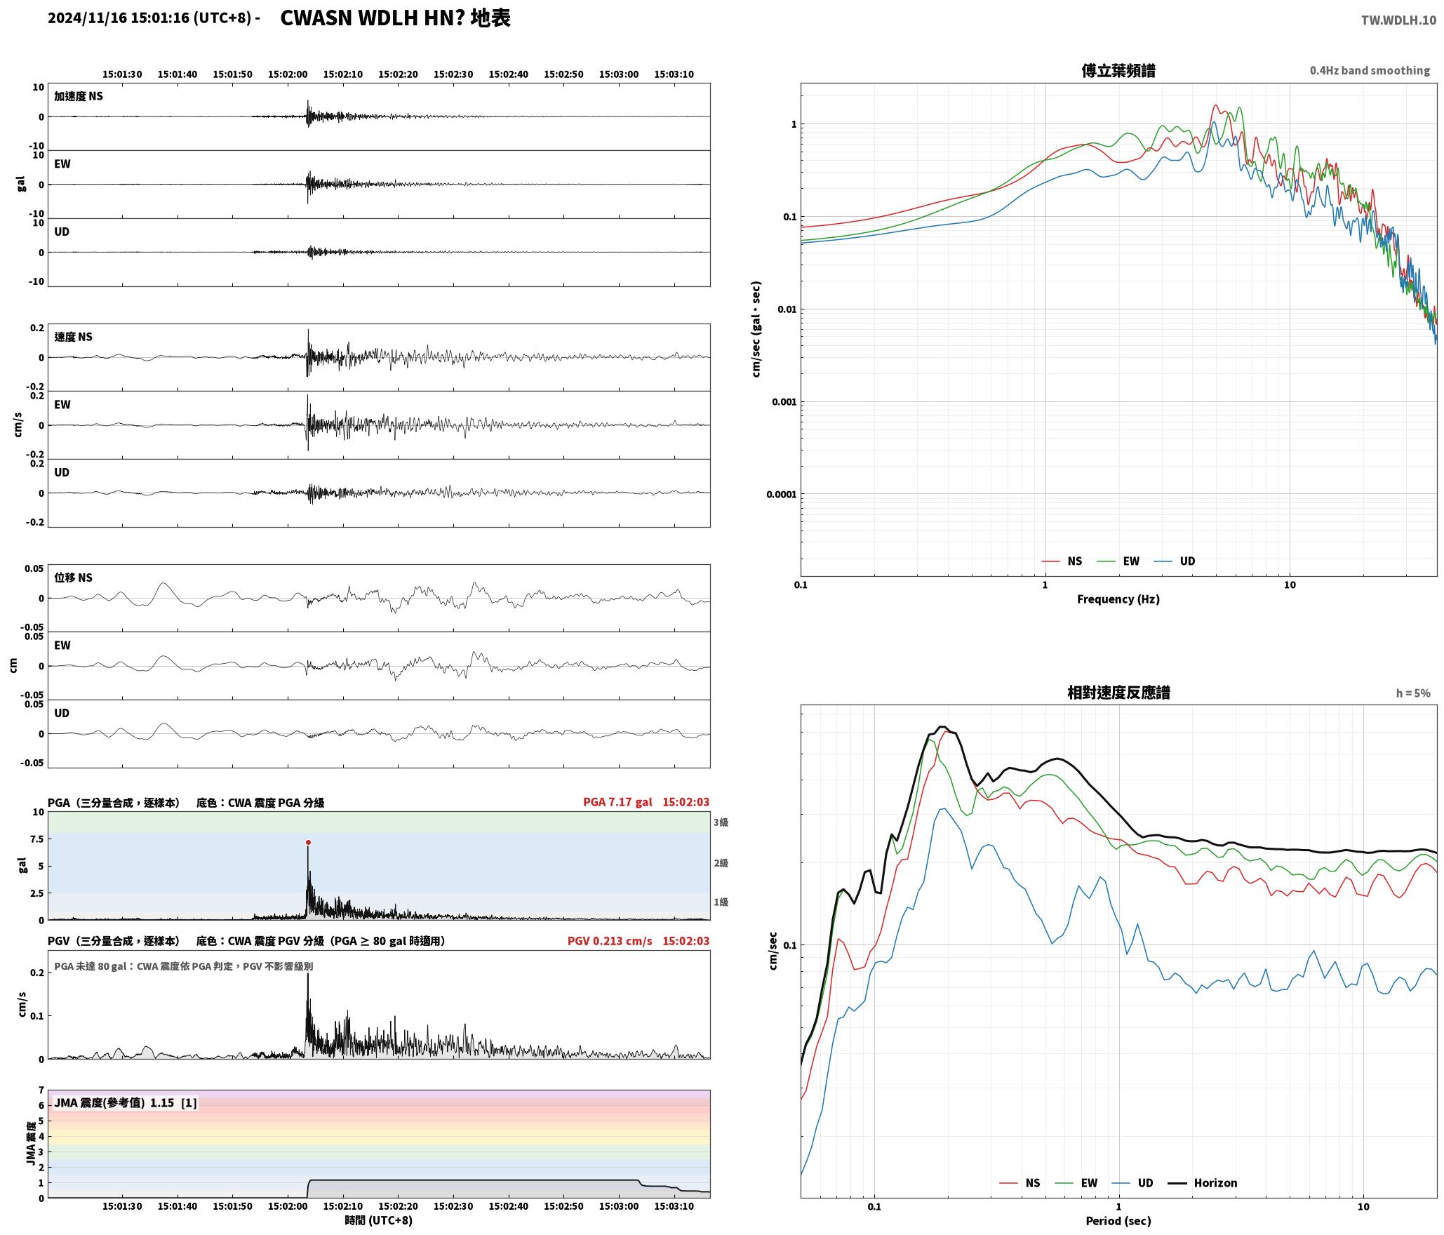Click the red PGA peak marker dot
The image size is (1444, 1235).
308,842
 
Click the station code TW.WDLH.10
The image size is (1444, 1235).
1398,20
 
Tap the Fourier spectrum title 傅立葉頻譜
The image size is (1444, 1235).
1118,70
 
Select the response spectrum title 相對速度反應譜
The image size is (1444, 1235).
1118,693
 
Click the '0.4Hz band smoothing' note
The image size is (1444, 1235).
1370,70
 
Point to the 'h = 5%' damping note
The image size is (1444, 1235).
1412,693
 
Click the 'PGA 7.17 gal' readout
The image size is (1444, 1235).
617,802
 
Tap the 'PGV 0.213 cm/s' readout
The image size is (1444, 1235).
610,940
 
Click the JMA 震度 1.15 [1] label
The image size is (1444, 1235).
126,1102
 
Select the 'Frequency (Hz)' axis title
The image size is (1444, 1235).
1118,599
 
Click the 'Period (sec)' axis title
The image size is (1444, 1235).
1118,1220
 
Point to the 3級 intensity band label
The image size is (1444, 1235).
721,822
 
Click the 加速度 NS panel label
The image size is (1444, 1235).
79,96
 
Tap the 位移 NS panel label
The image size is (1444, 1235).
73,578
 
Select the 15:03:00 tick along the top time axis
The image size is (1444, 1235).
619,74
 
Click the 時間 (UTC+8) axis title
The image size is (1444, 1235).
378,1220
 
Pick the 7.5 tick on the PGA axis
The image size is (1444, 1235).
36,839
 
